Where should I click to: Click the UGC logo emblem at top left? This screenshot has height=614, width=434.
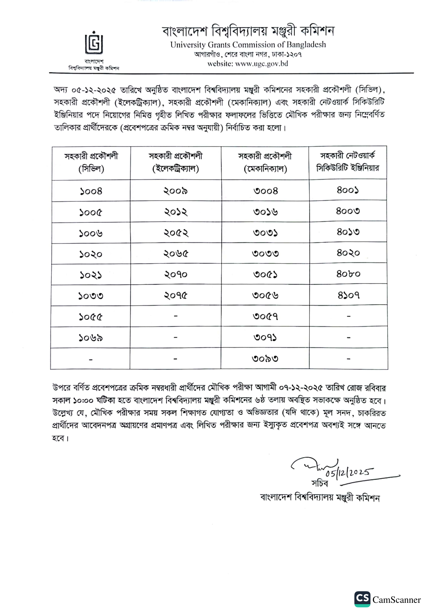[94, 44]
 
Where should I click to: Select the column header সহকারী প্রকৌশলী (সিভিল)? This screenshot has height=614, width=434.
[91, 162]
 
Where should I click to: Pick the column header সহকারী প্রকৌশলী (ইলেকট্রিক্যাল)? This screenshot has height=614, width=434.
[176, 162]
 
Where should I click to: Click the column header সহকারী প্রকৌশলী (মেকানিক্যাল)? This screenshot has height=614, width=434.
[265, 162]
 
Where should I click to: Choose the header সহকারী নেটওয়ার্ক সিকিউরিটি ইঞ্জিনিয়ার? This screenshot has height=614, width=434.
[348, 162]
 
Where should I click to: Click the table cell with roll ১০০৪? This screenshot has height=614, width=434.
[91, 191]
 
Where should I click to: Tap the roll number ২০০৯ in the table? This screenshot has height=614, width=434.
[176, 191]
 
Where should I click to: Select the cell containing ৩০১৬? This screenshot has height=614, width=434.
[265, 212]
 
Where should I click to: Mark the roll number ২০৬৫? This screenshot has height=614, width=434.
[176, 254]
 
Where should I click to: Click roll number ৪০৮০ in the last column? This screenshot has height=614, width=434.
[348, 274]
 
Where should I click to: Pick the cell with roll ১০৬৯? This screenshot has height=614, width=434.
[91, 338]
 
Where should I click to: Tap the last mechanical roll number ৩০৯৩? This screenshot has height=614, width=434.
[265, 359]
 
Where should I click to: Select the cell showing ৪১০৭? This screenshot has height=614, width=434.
[348, 295]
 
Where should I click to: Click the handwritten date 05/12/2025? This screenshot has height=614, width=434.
[349, 473]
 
